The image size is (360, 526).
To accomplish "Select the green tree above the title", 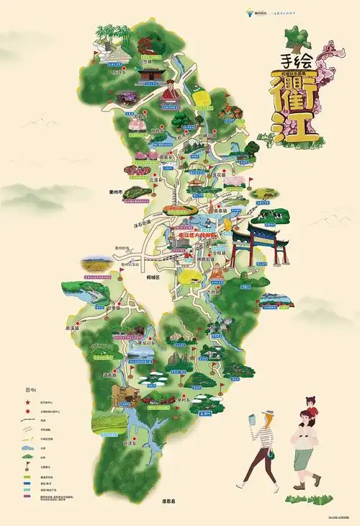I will coord(293,37).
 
